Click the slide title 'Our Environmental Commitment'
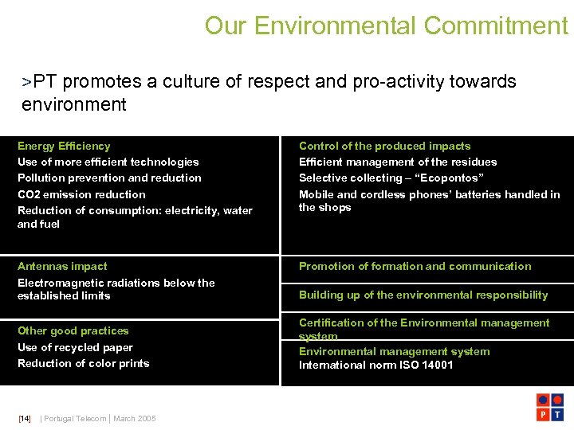pos(386,25)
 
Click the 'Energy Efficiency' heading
pos(64,146)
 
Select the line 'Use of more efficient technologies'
pos(108,162)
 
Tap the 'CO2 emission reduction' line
pos(81,194)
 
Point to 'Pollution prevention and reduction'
pos(109,178)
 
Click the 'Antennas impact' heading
pos(62,266)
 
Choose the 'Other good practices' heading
pos(73,330)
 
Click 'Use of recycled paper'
pos(75,347)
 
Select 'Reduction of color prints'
pos(84,363)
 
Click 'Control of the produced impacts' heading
pos(384,146)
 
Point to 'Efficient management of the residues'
pos(398,162)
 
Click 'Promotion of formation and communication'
pos(415,266)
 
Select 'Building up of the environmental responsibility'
pos(423,295)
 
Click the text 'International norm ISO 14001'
pos(375,365)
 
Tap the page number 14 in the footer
pos(25,418)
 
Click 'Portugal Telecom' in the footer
pos(75,418)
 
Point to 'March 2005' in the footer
pos(135,418)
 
